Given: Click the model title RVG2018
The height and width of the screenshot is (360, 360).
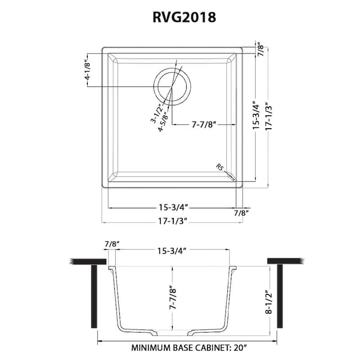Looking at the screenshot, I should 180,17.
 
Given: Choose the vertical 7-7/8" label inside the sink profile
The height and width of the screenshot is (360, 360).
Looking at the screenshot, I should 171,297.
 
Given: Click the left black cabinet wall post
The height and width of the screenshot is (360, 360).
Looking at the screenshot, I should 94,297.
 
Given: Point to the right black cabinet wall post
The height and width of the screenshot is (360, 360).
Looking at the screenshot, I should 280,297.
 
